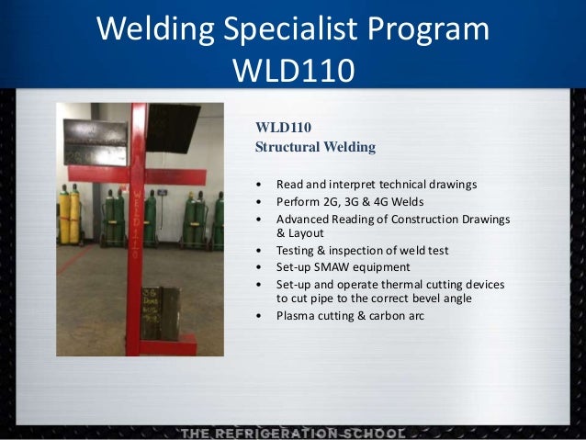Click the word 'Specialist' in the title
pyautogui.click(x=292, y=29)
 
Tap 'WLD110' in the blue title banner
pyautogui.click(x=292, y=69)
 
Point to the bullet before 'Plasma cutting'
pyautogui.click(x=260, y=317)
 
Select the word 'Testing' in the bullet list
pyautogui.click(x=296, y=251)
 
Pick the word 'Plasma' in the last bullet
pyautogui.click(x=295, y=317)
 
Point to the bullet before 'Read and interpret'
pyautogui.click(x=260, y=185)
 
